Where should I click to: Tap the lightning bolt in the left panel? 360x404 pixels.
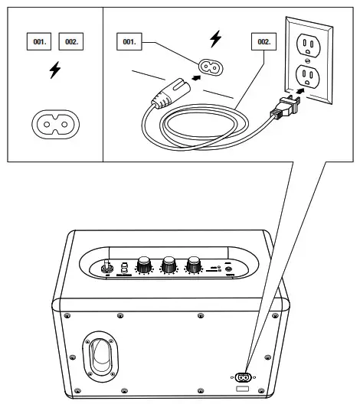pyautogui.click(x=54, y=71)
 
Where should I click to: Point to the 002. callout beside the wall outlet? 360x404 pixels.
pyautogui.click(x=263, y=41)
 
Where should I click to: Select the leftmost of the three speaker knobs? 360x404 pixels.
pyautogui.click(x=143, y=266)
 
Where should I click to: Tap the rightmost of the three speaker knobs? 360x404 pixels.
pyautogui.click(x=194, y=266)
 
